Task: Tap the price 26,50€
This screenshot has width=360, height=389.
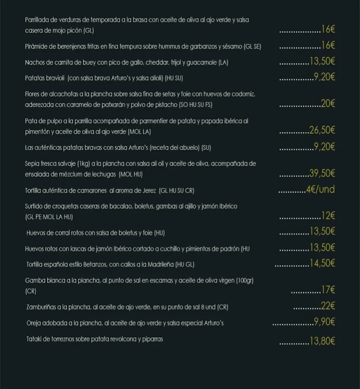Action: point(322,131)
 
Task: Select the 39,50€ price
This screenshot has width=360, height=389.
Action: point(322,174)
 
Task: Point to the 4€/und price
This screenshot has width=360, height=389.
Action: point(320,190)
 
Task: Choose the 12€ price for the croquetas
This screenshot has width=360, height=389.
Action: point(328,216)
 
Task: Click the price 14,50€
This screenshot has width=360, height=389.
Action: point(322,263)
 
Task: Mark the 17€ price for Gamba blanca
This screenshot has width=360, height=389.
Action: point(328,291)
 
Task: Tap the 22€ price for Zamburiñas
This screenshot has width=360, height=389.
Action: point(328,306)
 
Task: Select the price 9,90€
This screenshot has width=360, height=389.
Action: point(324,322)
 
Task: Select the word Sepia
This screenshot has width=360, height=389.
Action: point(32,164)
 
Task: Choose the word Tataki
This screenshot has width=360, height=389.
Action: point(34,339)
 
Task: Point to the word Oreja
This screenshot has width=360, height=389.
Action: point(34,323)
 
